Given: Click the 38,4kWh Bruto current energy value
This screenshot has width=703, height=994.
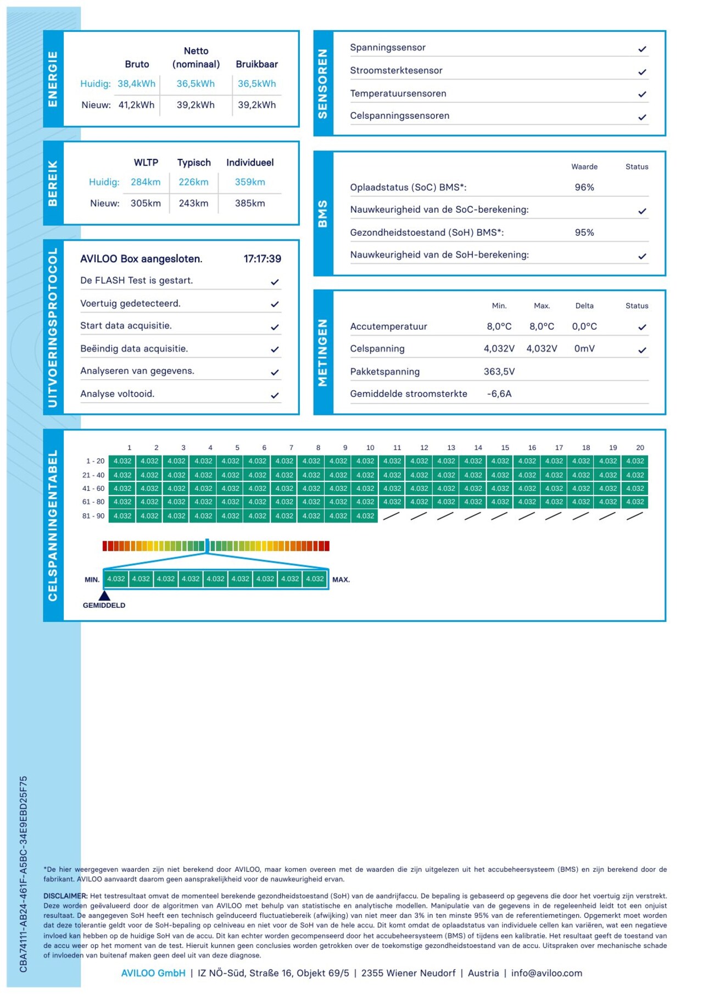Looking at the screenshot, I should (x=136, y=84).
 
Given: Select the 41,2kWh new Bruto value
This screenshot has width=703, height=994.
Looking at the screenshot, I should (x=136, y=105).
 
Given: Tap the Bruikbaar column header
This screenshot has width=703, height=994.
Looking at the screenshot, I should (x=256, y=64).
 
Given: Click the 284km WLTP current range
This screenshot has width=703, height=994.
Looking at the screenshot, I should (x=146, y=182).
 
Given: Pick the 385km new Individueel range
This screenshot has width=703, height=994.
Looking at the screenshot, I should (x=250, y=203).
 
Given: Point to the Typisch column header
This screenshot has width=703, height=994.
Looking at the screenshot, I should (x=194, y=163).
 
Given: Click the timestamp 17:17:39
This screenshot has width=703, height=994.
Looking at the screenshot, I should (x=262, y=259).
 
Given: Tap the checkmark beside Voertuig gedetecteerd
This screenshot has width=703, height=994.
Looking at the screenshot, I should (x=275, y=304).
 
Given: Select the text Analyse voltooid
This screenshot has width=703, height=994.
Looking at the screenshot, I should (x=117, y=394).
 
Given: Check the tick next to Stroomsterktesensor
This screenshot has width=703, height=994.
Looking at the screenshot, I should (x=642, y=71).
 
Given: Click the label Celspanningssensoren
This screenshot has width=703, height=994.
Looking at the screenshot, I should (x=399, y=115).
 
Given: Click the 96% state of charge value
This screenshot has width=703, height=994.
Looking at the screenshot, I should (x=584, y=187).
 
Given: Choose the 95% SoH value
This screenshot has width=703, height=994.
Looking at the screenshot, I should (x=584, y=232).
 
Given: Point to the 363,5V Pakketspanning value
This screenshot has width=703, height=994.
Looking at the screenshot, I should (x=499, y=371).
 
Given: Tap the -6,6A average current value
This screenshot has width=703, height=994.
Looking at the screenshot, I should (x=499, y=394).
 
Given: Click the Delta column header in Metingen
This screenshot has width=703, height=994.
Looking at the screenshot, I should (x=584, y=306).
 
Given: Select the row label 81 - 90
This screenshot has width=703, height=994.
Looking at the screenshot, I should (x=93, y=516).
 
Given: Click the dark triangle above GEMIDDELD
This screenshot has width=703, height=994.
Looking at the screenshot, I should (x=104, y=595).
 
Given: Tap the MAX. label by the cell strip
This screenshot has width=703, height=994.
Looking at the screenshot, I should (x=341, y=580).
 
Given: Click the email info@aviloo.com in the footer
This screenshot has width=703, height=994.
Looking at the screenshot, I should (x=546, y=973).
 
